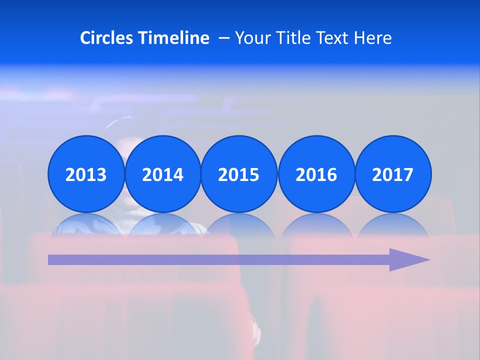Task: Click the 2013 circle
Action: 86,174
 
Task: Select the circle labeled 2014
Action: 162,174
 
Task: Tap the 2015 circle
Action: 239,174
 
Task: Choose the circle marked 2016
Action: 316,174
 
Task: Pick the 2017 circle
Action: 393,174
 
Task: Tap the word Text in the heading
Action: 331,38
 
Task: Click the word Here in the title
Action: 373,38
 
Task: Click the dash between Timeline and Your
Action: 224,38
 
